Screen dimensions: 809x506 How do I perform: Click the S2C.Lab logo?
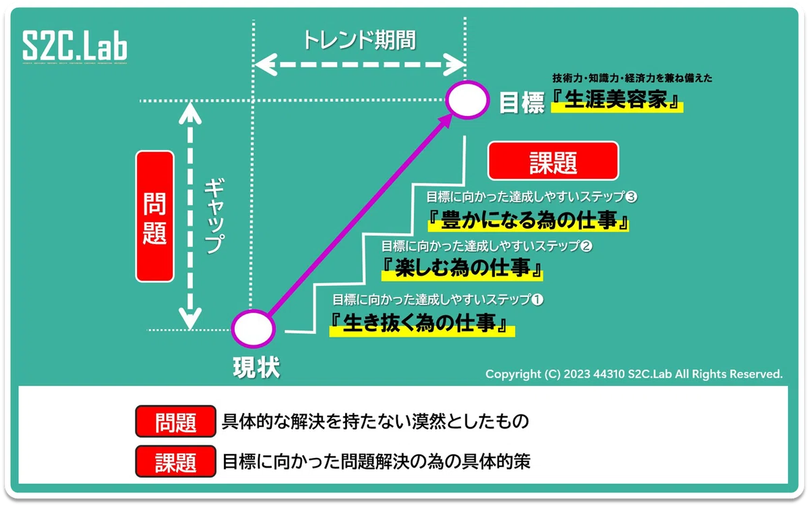75,46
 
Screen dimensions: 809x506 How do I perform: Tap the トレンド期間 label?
359,40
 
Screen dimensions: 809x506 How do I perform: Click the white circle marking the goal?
467,100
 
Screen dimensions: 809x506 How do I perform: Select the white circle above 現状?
253,329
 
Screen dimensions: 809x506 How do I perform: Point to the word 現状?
256,368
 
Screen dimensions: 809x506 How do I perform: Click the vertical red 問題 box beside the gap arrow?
155,216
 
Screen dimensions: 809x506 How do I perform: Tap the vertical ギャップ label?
214,216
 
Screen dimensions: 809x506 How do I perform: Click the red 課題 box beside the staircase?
553,161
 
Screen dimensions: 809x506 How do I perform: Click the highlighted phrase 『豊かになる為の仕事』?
529,220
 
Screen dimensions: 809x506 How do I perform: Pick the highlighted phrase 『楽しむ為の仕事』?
462,269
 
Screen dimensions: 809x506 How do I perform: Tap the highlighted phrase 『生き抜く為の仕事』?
422,324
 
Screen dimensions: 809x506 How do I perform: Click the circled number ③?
631,196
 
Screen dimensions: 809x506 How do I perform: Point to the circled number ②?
586,246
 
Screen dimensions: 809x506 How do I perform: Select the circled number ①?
538,300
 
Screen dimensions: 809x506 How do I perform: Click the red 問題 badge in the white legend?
176,422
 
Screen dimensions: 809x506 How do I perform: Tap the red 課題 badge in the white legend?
176,461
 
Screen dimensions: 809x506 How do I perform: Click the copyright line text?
634,374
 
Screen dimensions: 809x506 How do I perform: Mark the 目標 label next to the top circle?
522,103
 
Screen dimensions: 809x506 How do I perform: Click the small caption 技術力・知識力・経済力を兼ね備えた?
632,78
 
